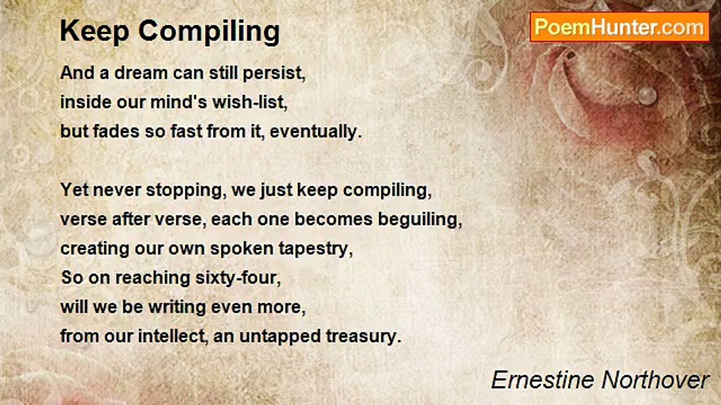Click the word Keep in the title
click(95, 31)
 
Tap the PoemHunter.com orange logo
click(619, 28)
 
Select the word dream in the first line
click(141, 73)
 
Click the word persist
click(274, 73)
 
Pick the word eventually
click(316, 132)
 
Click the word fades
click(116, 131)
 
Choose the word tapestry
click(315, 249)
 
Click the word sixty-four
click(238, 278)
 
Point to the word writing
click(177, 307)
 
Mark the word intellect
click(173, 336)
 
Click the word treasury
click(364, 337)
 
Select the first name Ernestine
click(542, 380)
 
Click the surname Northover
click(655, 380)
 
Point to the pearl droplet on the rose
click(647, 96)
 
